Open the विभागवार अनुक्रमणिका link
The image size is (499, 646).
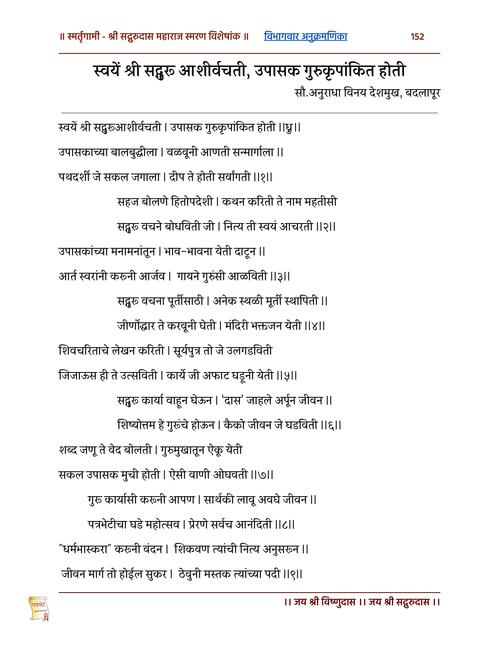tap(305, 36)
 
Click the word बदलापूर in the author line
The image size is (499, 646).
tap(423, 93)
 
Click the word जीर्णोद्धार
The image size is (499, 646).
tap(136, 326)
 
